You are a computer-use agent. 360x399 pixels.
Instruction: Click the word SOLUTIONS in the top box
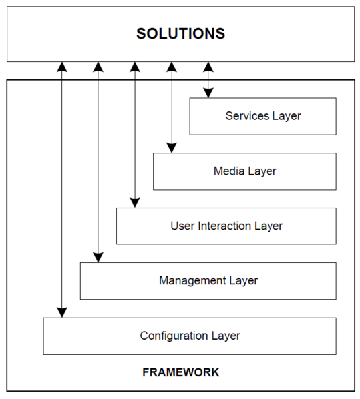[x=181, y=33]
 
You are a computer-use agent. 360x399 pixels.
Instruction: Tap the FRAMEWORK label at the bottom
[x=181, y=372]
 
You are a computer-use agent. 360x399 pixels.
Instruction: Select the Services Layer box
[x=263, y=117]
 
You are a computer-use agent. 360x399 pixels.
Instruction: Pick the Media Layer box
[x=245, y=171]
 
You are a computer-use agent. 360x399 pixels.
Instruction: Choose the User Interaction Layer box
[x=226, y=226]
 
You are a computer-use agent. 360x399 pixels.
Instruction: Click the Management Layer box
[x=208, y=281]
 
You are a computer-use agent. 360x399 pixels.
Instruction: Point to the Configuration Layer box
[x=190, y=336]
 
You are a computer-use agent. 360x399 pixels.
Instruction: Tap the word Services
[x=247, y=116]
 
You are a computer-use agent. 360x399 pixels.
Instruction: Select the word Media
[x=229, y=171]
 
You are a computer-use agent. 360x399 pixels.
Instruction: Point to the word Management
[x=192, y=281]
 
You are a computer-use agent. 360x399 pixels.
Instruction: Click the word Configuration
[x=174, y=336]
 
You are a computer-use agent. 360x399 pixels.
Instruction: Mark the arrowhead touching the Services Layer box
[x=208, y=93]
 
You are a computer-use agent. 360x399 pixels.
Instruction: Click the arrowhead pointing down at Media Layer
[x=172, y=148]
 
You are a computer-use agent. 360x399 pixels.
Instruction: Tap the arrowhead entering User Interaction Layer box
[x=135, y=203]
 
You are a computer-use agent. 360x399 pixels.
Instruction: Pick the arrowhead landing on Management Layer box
[x=98, y=258]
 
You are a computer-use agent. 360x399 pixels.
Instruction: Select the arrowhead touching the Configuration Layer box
[x=62, y=312]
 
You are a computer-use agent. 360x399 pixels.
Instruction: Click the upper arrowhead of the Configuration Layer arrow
[x=62, y=67]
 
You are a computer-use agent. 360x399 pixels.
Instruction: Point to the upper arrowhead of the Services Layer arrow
[x=208, y=67]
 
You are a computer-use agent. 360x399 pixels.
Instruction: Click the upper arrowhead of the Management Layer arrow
[x=98, y=67]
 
